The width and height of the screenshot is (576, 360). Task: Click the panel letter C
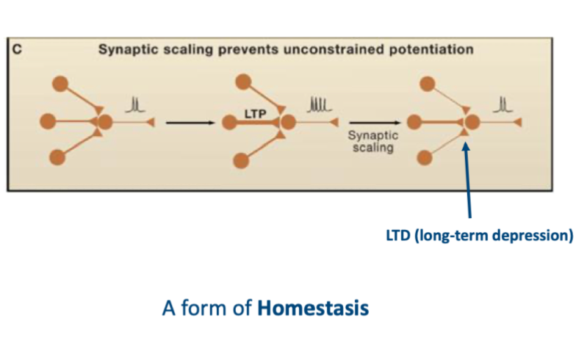(x=15, y=49)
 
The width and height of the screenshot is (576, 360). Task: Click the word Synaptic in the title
(x=126, y=49)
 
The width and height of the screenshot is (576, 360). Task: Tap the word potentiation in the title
(x=433, y=49)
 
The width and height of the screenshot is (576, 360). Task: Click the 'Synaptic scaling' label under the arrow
(x=373, y=142)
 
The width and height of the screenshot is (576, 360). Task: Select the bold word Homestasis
(x=313, y=307)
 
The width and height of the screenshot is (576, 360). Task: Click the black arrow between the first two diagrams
(x=191, y=122)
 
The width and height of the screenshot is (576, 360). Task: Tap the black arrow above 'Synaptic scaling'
(x=372, y=123)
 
